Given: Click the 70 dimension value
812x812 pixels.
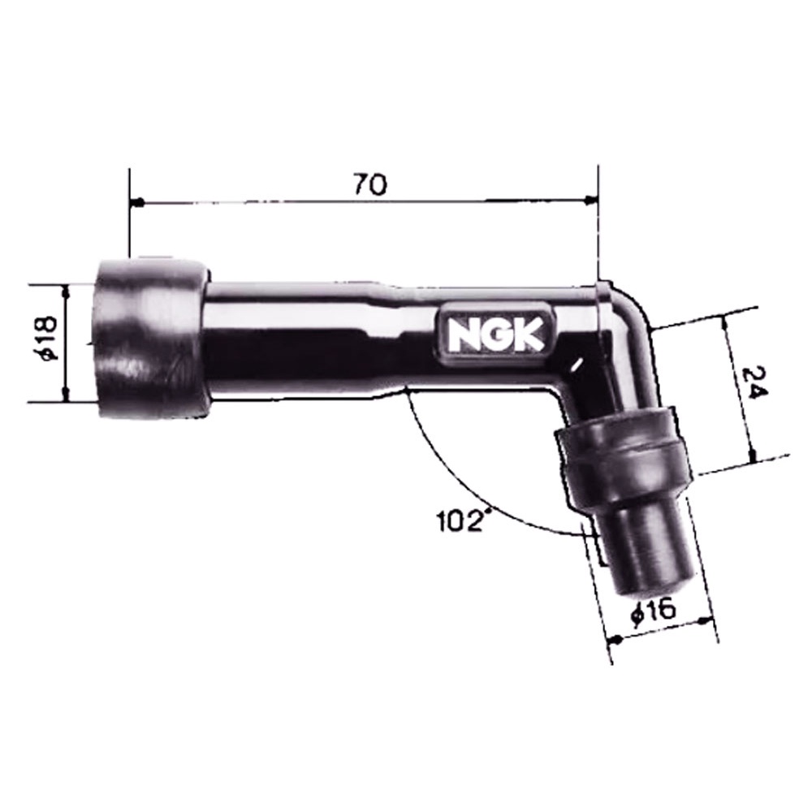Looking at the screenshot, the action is click(370, 184).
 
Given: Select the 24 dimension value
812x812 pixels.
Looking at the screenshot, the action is click(754, 383).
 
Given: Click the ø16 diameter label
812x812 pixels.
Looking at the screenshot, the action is click(654, 611).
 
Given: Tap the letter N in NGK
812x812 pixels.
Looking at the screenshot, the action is click(464, 335).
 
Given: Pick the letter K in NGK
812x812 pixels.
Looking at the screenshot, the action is click(529, 335).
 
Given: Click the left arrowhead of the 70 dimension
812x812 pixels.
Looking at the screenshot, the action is click(137, 201).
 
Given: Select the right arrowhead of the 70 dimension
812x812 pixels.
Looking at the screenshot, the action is click(590, 201).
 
